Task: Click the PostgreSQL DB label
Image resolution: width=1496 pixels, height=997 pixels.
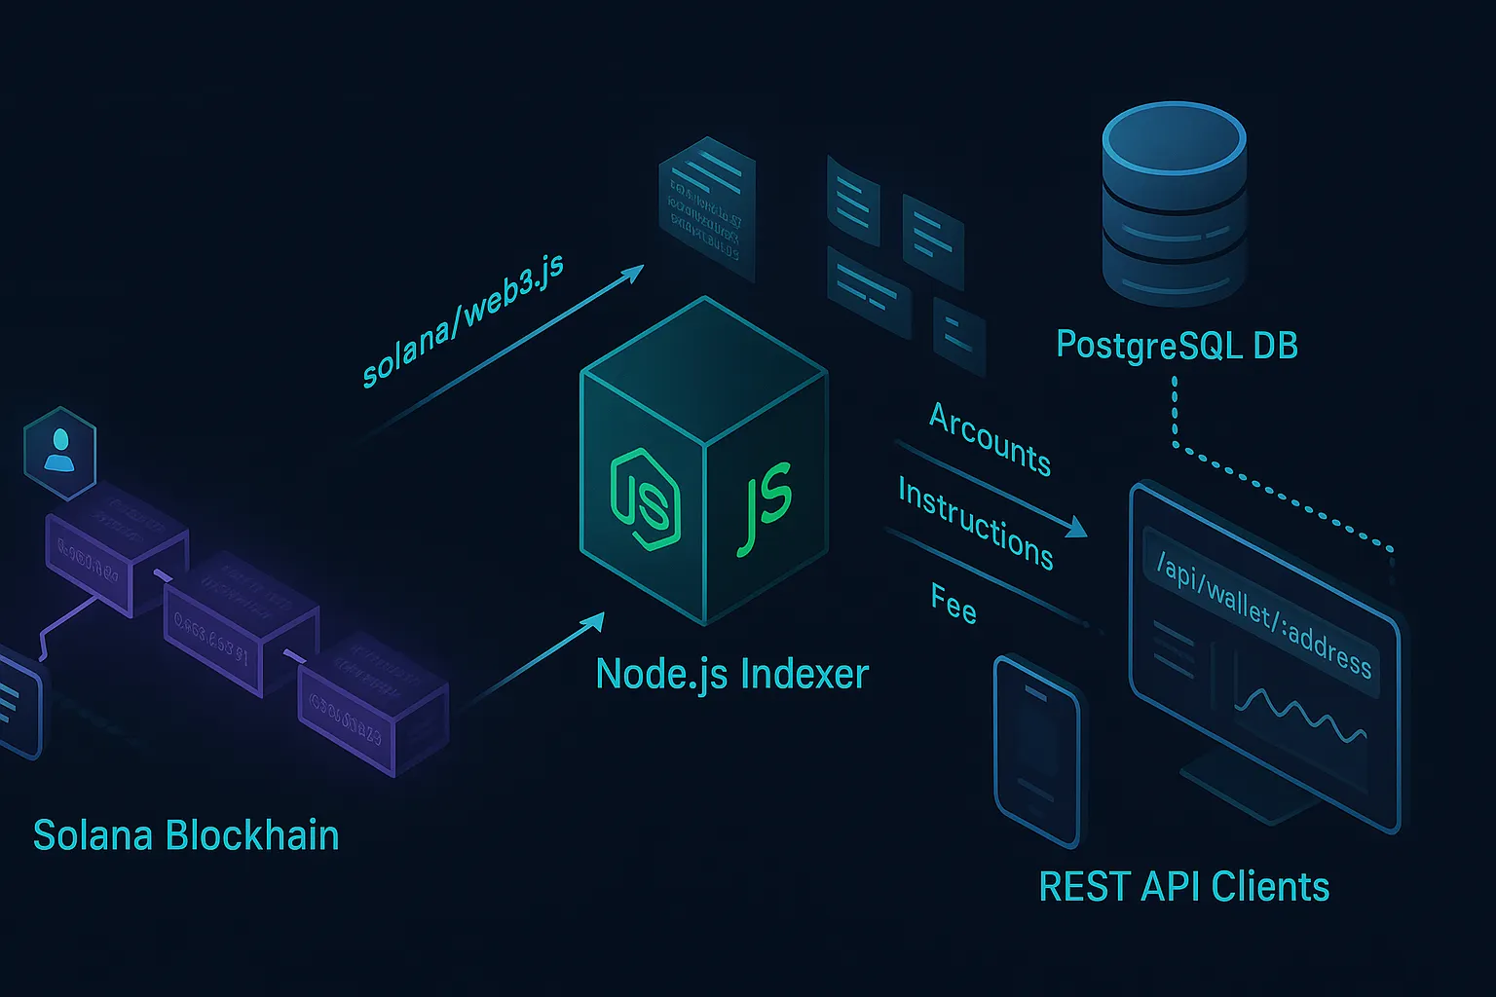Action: click(x=1177, y=346)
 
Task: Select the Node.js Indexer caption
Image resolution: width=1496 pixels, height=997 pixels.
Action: click(x=731, y=674)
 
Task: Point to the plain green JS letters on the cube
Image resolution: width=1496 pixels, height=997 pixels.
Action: click(x=765, y=506)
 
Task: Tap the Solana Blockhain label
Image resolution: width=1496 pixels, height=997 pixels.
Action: click(x=186, y=836)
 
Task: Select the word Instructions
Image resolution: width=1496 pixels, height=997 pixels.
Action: click(x=975, y=523)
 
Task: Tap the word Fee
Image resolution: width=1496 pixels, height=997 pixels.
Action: click(x=954, y=604)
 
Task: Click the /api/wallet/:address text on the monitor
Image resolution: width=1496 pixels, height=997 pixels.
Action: click(x=1264, y=614)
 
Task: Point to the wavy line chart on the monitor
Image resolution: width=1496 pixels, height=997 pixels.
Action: click(x=1299, y=716)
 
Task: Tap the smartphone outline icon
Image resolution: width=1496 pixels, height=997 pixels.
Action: click(x=1036, y=748)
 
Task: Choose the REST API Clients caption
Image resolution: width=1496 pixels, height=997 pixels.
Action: click(x=1183, y=887)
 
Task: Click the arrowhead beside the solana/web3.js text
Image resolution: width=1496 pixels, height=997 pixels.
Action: click(x=633, y=272)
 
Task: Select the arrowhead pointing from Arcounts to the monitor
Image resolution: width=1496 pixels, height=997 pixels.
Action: click(x=1075, y=528)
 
